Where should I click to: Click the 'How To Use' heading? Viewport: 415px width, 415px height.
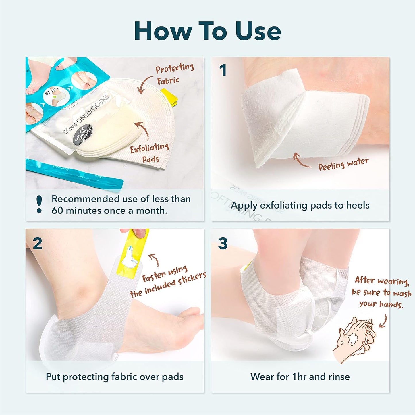(207, 31)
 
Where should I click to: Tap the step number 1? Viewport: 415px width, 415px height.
(223, 70)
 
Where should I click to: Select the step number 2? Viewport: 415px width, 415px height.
(37, 244)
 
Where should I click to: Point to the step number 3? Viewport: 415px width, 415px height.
(223, 244)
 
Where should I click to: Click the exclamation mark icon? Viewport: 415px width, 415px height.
(39, 204)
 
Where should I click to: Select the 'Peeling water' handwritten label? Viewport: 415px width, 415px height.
(343, 164)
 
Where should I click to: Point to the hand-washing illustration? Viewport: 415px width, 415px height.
(355, 339)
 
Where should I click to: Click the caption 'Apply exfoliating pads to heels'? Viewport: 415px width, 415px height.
(300, 205)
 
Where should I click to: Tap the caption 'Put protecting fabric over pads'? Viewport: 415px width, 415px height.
(115, 377)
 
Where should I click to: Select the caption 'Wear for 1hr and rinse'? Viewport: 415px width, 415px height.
(300, 377)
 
